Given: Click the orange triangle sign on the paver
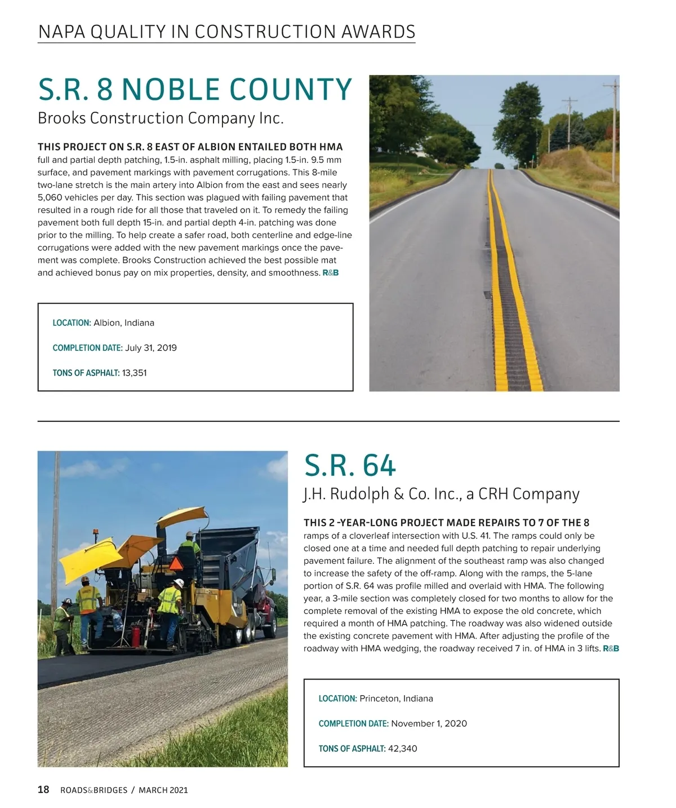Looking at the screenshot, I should (x=176, y=563).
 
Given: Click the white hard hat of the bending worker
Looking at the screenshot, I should (x=179, y=583).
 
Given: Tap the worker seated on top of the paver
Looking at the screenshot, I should (x=190, y=547).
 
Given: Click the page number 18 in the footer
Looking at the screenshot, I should (x=43, y=790).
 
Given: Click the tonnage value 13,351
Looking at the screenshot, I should (x=134, y=373).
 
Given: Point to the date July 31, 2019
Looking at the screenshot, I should (x=150, y=348).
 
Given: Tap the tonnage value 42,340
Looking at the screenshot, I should (x=402, y=749).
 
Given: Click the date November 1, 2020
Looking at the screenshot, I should (x=429, y=723).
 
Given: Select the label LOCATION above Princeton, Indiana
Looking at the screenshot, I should (x=337, y=699).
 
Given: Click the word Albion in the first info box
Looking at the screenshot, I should (x=106, y=323).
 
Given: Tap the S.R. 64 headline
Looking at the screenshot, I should (x=350, y=466).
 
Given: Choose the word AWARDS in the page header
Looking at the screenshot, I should (x=378, y=32).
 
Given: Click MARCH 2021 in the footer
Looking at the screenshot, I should (x=163, y=791).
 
